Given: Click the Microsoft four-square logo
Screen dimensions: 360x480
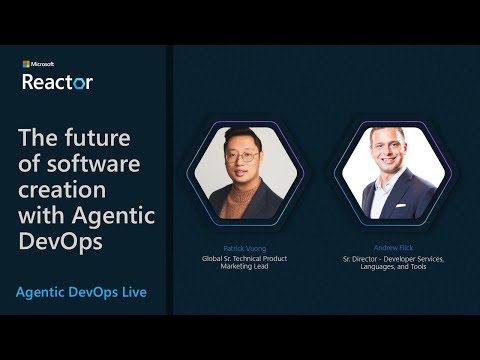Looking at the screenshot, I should coord(26,64).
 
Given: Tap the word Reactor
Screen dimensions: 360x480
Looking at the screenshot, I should coord(57,81).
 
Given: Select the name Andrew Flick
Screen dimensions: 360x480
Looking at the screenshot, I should coord(393,246).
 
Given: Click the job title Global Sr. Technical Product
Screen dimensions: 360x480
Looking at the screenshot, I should coord(244,258).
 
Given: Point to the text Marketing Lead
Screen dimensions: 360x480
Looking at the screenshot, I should coord(244,267).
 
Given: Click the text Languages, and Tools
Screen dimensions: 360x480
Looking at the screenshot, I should coord(393,267).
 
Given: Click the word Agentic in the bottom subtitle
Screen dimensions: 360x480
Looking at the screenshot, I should coord(42,292).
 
